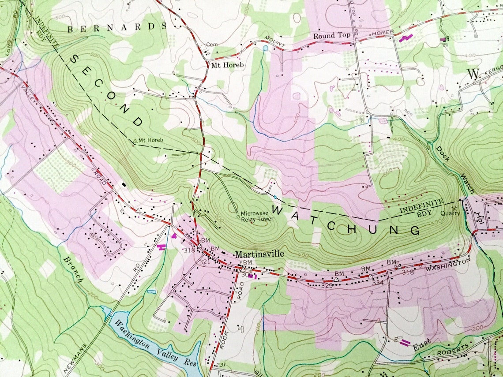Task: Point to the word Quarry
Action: pyautogui.click(x=450, y=213)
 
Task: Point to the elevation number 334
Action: pyautogui.click(x=378, y=283)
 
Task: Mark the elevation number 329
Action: pyautogui.click(x=327, y=286)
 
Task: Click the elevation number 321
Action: pyautogui.click(x=204, y=262)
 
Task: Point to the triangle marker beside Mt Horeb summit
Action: pyautogui.click(x=135, y=141)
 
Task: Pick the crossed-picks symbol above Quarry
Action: pyautogui.click(x=454, y=208)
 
